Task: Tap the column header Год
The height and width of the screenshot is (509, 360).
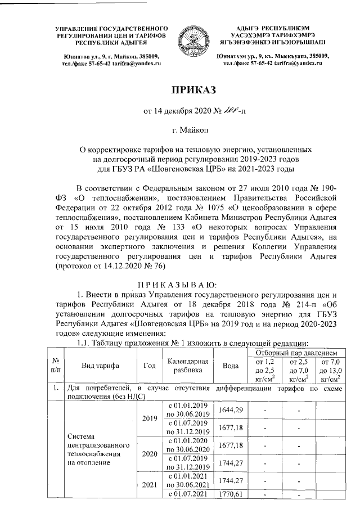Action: point(150,366)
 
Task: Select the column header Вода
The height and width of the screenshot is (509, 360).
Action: point(230,366)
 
